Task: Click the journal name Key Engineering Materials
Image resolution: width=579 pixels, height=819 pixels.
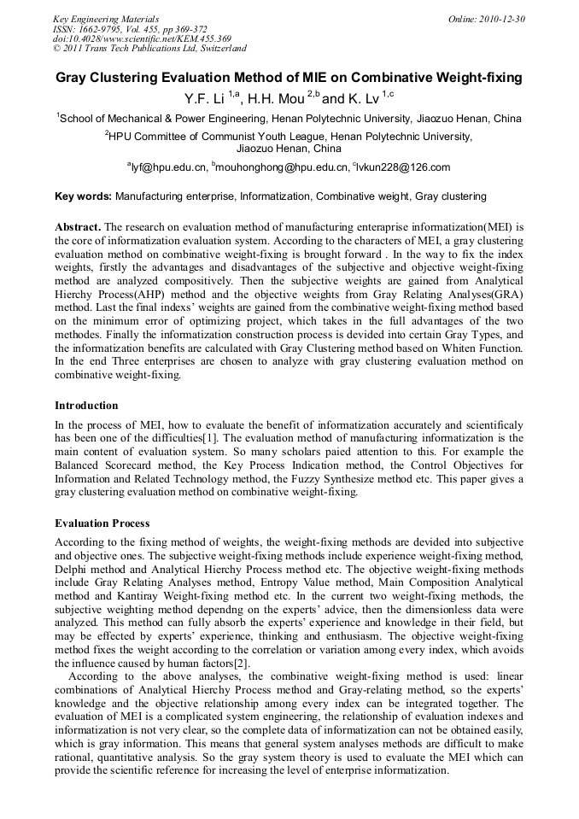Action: pyautogui.click(x=105, y=19)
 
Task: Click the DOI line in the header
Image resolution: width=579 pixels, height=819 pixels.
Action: pyautogui.click(x=142, y=38)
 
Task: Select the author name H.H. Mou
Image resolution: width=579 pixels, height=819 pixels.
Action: pyautogui.click(x=275, y=98)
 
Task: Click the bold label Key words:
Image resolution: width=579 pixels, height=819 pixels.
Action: pyautogui.click(x=83, y=196)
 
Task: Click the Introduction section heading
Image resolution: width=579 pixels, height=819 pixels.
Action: pyautogui.click(x=86, y=406)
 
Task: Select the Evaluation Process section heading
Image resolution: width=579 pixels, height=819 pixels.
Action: pyautogui.click(x=102, y=524)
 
